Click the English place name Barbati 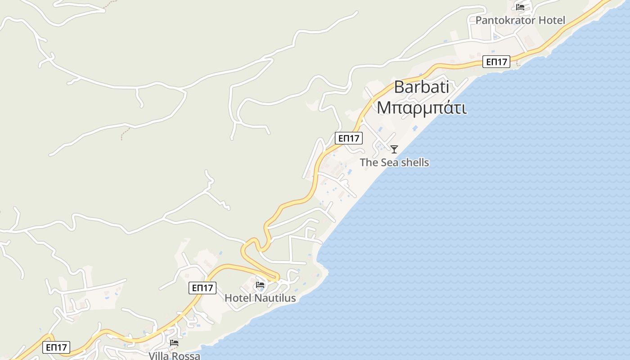click(421, 87)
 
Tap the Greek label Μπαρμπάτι click(421, 108)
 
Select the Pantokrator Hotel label click(520, 20)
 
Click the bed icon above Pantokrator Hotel click(520, 7)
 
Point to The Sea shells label click(394, 162)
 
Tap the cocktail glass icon click(394, 149)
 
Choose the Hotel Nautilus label click(260, 298)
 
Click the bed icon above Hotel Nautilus click(260, 285)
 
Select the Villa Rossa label click(175, 356)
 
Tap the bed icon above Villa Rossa click(174, 343)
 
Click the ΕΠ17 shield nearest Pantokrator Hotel click(496, 62)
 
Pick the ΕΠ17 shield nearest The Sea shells click(349, 138)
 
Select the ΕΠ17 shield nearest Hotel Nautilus click(202, 288)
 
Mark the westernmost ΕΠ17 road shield click(57, 347)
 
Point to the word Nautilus click(275, 298)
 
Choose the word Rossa click(185, 356)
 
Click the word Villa click(159, 356)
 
